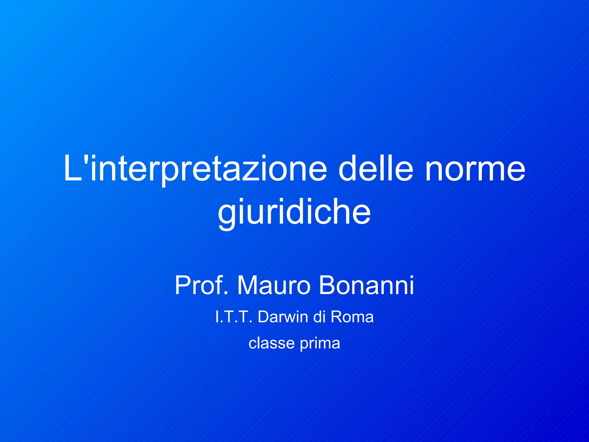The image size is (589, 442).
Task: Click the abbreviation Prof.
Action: (x=202, y=285)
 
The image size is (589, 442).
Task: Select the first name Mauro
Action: (x=274, y=285)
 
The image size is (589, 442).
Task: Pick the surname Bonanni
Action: (x=366, y=285)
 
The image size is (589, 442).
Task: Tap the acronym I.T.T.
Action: (x=234, y=317)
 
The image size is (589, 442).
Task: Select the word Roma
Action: (x=352, y=317)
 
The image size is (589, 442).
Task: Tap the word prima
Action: (x=320, y=343)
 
